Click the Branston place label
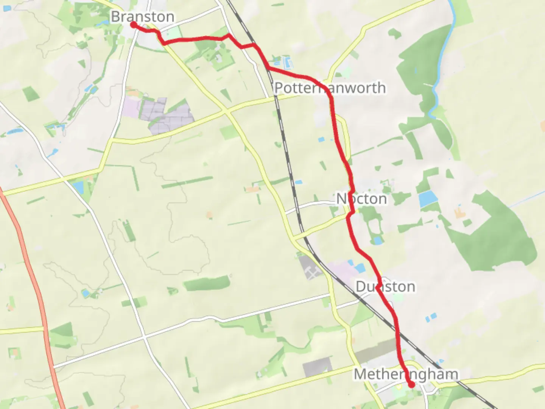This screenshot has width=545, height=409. coord(142,16)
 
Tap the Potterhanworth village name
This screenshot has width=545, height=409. coord(330,88)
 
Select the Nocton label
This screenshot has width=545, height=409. coord(361,199)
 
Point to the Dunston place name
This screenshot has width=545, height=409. coord(385,287)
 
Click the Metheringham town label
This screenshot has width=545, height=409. coord(406,374)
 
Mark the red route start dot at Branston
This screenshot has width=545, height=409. coord(134,25)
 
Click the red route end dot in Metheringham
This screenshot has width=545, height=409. coord(411,385)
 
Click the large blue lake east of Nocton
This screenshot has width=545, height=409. coord(428,198)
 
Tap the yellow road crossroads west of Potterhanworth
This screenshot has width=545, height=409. coord(226,111)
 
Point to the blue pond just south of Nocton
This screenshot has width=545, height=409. coord(377,240)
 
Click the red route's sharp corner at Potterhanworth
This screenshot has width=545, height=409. coord(331,97)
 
